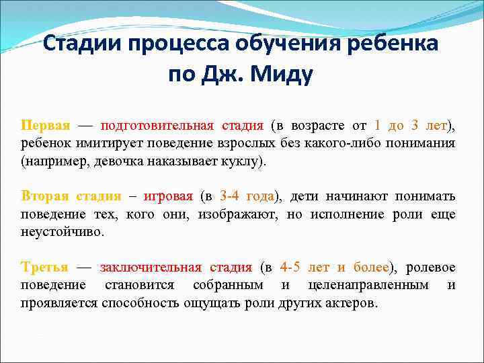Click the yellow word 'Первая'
point(45,126)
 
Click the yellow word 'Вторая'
point(45,196)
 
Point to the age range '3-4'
point(230,196)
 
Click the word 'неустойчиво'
point(61,231)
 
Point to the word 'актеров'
point(350,302)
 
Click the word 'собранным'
point(227,285)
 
